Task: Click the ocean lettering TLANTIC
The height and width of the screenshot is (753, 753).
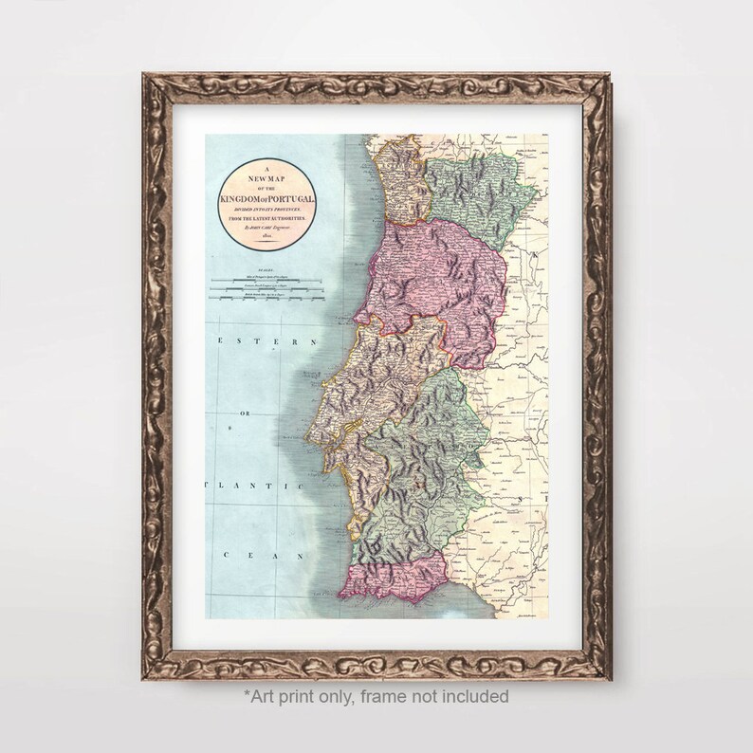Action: click(253, 486)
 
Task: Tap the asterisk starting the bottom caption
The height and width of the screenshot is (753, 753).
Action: click(248, 694)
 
